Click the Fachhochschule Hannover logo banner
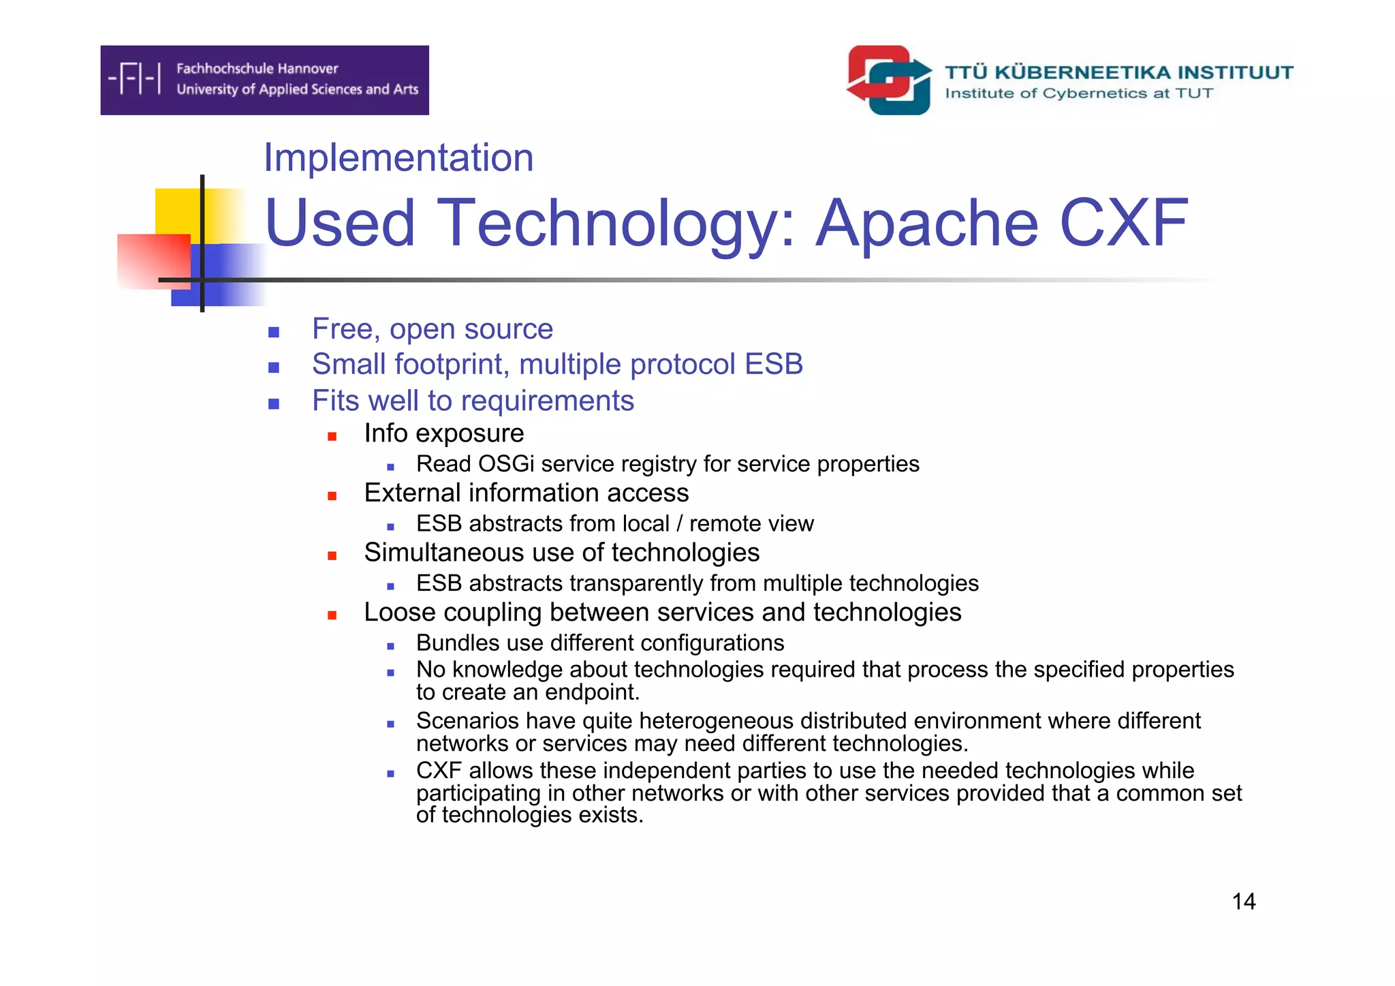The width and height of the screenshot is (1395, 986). click(264, 80)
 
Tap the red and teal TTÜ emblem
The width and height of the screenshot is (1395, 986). click(889, 80)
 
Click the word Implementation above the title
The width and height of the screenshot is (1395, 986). click(398, 157)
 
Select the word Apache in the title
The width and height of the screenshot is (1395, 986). click(927, 223)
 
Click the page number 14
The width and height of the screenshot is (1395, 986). click(1243, 902)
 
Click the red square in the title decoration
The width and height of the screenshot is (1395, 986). click(153, 261)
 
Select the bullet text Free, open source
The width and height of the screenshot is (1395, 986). click(432, 329)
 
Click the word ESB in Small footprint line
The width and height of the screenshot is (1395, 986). click(773, 365)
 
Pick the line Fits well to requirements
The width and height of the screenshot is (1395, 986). click(473, 401)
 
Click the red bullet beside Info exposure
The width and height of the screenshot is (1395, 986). click(332, 436)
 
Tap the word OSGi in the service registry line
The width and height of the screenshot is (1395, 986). click(506, 464)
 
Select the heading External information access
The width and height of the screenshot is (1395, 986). click(526, 493)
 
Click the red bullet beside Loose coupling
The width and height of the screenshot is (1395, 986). click(332, 615)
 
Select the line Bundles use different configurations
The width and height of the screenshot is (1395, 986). click(599, 643)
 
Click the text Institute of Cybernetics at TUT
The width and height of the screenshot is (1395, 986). click(1078, 93)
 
